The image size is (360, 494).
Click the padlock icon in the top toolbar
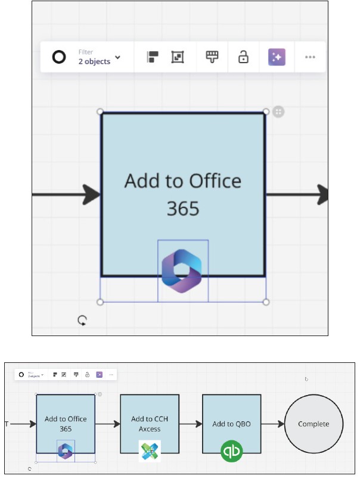coord(243,57)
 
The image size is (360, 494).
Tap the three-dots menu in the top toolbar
coord(309,57)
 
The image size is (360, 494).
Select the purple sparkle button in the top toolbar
coord(277,57)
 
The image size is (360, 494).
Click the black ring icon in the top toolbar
coord(59,57)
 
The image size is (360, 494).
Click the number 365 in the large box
coord(182,209)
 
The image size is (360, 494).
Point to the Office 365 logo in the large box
coord(182,271)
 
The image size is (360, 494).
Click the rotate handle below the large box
coord(82,321)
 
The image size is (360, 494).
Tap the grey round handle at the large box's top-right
coord(278,111)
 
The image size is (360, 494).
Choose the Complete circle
coord(313,424)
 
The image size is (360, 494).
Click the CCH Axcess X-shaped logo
coord(150,451)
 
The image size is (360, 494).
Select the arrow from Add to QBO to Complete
coord(272,424)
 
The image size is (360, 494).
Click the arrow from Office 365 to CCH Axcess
coord(107,424)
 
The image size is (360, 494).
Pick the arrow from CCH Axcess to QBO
coord(190,424)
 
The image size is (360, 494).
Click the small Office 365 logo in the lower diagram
coord(66,451)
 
